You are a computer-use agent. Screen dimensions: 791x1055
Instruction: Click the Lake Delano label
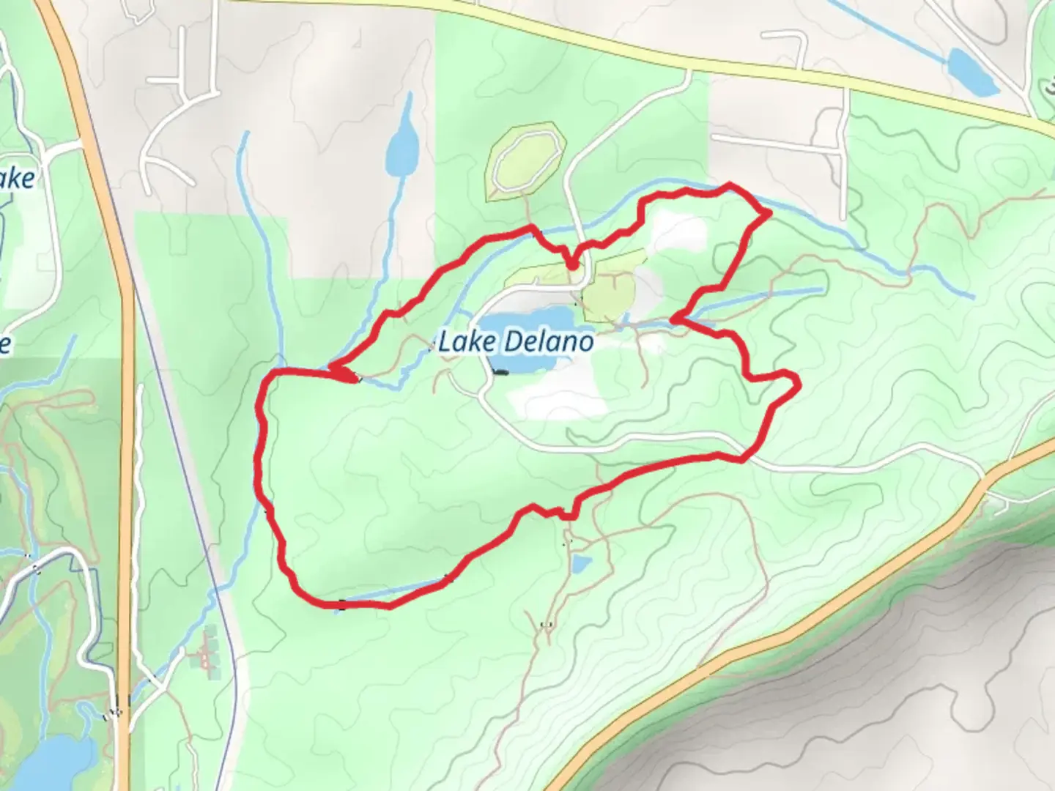point(517,342)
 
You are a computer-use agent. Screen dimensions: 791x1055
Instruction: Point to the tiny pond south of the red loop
point(580,564)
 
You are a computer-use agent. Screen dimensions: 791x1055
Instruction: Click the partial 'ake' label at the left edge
point(16,178)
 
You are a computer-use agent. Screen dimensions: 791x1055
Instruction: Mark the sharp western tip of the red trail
point(332,367)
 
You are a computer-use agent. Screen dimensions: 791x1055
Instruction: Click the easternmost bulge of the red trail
point(796,382)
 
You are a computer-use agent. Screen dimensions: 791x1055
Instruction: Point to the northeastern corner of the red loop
point(768,213)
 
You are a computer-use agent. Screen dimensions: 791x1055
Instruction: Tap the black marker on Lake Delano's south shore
point(500,373)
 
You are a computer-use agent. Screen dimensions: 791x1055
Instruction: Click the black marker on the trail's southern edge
point(342,604)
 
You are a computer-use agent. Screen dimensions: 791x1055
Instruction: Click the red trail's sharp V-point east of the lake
point(674,319)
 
